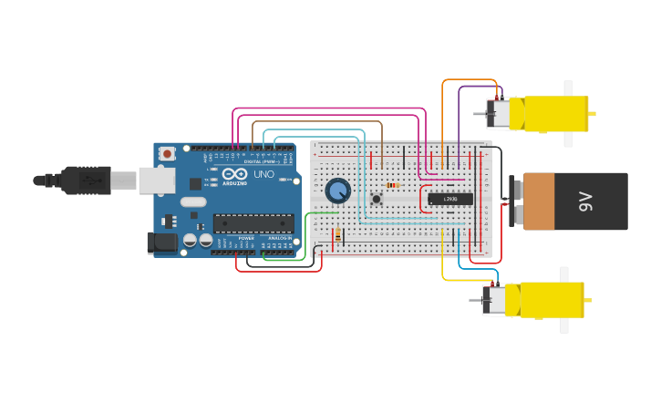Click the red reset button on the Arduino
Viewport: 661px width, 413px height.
point(167,155)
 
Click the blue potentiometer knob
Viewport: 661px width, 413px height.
point(337,191)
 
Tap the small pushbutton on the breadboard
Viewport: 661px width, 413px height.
point(376,200)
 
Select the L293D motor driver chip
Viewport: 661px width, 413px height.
point(450,199)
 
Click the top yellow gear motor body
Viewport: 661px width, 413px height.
point(548,114)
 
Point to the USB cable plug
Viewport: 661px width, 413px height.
point(88,181)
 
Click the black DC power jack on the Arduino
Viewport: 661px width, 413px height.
point(161,243)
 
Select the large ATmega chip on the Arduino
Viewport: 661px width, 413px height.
point(253,223)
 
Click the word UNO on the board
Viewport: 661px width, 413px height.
point(263,174)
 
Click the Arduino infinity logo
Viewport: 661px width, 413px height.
point(233,174)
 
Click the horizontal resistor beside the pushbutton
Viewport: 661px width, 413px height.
point(393,186)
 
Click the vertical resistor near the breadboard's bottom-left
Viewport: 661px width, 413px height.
point(338,235)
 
